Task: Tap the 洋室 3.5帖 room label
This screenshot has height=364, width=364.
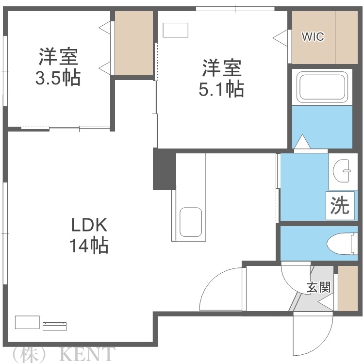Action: pyautogui.click(x=58, y=68)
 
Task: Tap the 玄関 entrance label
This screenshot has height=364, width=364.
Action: pyautogui.click(x=318, y=287)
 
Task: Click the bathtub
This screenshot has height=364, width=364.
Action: pyautogui.click(x=322, y=87)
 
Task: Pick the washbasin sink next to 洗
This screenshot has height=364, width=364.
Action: pyautogui.click(x=344, y=171)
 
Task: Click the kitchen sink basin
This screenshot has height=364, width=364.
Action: pyautogui.click(x=190, y=222)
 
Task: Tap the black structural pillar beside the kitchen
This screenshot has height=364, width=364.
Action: pyautogui.click(x=164, y=169)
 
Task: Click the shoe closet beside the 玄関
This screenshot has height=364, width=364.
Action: pyautogui.click(x=347, y=288)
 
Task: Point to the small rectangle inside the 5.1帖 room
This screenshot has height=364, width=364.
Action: pyautogui.click(x=175, y=31)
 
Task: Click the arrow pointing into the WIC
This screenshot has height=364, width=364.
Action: pyautogui.click(x=281, y=37)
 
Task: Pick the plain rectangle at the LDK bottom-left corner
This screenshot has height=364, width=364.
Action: pyautogui.click(x=27, y=322)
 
